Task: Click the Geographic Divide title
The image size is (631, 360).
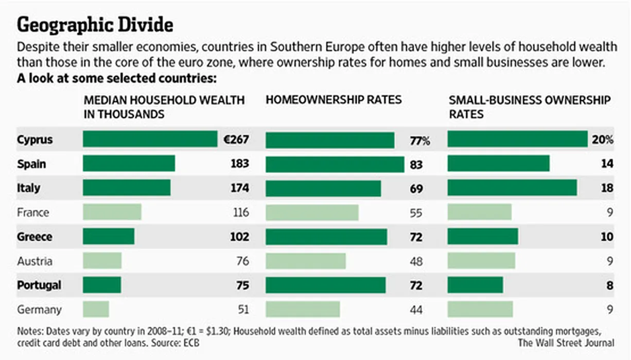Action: (x=95, y=25)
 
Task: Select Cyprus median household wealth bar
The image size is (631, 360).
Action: (x=150, y=139)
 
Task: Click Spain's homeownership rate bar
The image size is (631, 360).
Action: (x=335, y=164)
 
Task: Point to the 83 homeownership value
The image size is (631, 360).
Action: (x=416, y=165)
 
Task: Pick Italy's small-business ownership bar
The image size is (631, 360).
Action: (x=512, y=188)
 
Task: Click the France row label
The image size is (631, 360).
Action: (x=33, y=212)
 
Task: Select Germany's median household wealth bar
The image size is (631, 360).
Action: (x=96, y=309)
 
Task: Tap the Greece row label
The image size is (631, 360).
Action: (x=34, y=237)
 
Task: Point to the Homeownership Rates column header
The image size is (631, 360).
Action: (x=333, y=100)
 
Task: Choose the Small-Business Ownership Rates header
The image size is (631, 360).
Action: (x=530, y=106)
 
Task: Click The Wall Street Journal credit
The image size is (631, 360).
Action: (x=566, y=343)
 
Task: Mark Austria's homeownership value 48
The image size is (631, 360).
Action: (x=416, y=261)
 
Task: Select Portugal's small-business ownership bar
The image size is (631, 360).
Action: (x=475, y=285)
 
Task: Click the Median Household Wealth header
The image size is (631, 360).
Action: (x=164, y=106)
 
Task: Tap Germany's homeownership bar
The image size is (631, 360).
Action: (x=303, y=309)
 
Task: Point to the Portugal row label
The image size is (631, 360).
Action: (x=39, y=285)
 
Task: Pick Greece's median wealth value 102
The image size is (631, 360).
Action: (x=239, y=237)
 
